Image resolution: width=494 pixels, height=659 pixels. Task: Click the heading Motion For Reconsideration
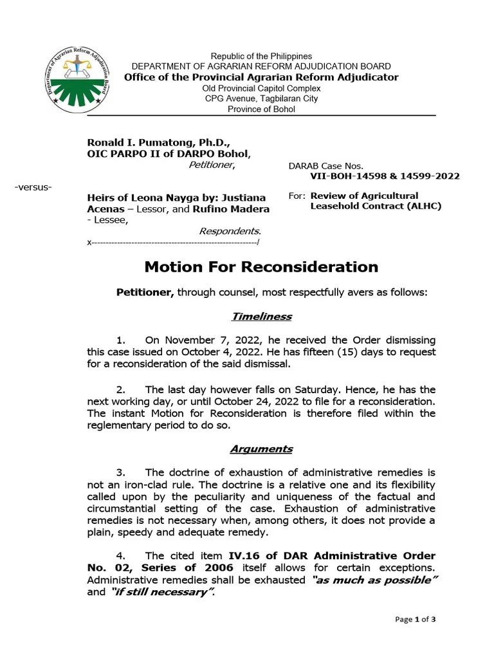click(x=261, y=266)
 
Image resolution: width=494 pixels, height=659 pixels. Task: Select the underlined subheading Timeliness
click(x=261, y=316)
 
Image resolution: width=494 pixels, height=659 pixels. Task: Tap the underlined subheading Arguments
click(x=261, y=449)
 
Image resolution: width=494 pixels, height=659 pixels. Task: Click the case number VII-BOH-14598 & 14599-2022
click(x=385, y=176)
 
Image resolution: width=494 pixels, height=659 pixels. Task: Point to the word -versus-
click(x=33, y=187)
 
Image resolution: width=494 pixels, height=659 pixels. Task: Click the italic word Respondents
click(x=230, y=230)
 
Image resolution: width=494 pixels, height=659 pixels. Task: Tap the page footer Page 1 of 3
click(x=416, y=620)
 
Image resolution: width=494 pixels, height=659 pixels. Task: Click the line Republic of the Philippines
click(x=261, y=57)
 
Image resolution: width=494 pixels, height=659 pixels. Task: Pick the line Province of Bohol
click(x=261, y=109)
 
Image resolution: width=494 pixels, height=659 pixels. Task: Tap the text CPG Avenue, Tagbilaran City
click(x=261, y=98)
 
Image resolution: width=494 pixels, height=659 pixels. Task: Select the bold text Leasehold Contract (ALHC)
click(x=376, y=206)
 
